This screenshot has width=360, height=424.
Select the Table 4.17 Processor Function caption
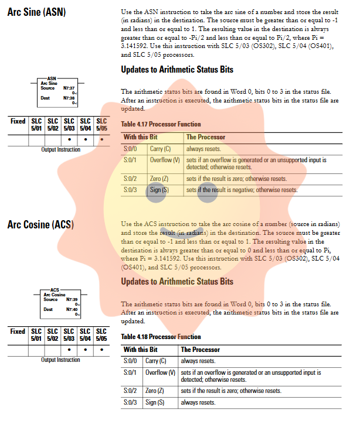(161, 124)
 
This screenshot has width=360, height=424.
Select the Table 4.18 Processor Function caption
(161, 337)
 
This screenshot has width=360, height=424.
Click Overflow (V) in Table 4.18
(160, 372)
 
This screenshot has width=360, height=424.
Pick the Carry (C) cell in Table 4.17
(160, 149)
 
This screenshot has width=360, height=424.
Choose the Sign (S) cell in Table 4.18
(155, 402)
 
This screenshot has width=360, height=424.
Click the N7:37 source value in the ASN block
(69, 88)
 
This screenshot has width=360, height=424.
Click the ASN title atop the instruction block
(52, 78)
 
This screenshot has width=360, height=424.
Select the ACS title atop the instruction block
(55, 289)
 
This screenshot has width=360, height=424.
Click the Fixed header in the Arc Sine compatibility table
(18, 122)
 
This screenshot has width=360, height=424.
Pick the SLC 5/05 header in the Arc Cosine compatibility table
(101, 335)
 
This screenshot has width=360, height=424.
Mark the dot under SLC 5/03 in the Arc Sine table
(69, 139)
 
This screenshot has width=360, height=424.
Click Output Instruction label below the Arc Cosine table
(60, 360)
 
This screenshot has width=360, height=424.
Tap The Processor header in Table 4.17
(206, 137)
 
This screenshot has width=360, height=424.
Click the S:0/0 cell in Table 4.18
(130, 361)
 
